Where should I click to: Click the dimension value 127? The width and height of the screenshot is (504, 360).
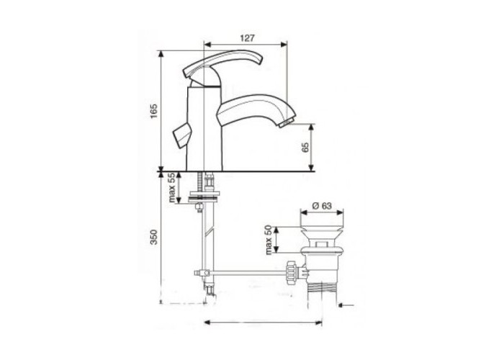(248, 38)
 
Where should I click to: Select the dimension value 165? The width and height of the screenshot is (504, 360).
(154, 111)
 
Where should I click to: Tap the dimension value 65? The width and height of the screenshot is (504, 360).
(305, 147)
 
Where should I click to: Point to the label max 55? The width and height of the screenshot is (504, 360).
(172, 188)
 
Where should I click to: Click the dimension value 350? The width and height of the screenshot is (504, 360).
(154, 237)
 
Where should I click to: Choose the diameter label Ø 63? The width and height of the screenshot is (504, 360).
(322, 205)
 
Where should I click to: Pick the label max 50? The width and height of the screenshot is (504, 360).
(269, 240)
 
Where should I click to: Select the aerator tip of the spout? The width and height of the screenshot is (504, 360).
(287, 123)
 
